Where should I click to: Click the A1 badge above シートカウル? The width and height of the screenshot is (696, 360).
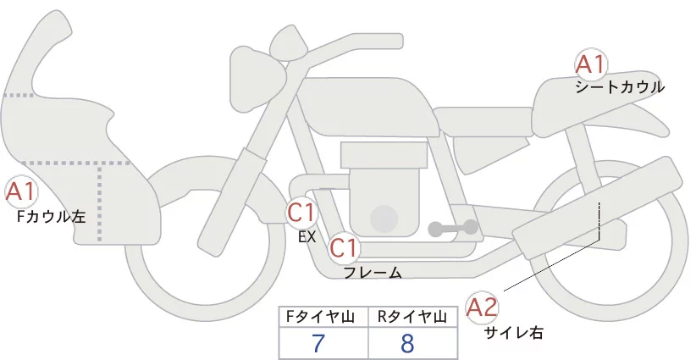coord(589,64)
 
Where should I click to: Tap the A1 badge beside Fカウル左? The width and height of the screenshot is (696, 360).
coord(19,192)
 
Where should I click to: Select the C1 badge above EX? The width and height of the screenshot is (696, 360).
coord(301,212)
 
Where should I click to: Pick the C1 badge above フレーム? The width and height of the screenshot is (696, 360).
coord(344,249)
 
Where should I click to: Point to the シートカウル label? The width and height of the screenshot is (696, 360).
coord(619,87)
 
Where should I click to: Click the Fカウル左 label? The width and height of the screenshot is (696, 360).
coord(51,216)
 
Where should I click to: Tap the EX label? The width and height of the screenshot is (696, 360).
coord(307,237)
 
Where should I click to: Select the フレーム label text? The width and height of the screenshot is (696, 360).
coord(373,273)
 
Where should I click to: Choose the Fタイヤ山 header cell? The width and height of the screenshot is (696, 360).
coord(323,317)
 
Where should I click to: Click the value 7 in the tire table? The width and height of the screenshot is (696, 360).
coord(319,343)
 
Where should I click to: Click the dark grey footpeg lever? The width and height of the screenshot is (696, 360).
coord(453,227)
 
